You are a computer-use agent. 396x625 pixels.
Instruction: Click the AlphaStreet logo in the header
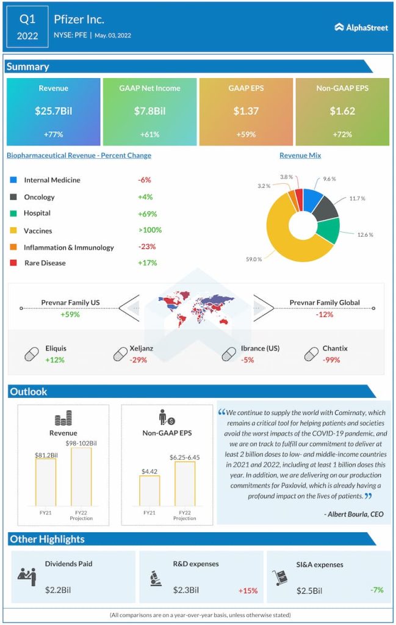(x=362, y=27)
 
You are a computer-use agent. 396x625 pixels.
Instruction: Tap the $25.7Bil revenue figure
(x=53, y=111)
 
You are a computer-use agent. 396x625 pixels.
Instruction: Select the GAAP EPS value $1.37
(x=246, y=111)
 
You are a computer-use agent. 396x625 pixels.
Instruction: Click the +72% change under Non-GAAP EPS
(x=342, y=134)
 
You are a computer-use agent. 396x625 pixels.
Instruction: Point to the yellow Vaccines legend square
(x=13, y=231)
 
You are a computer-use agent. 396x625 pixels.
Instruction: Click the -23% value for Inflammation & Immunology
(x=147, y=247)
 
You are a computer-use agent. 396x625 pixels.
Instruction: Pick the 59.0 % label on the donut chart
(x=254, y=259)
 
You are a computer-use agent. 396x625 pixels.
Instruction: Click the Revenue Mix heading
(x=300, y=156)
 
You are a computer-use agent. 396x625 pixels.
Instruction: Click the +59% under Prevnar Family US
(x=70, y=314)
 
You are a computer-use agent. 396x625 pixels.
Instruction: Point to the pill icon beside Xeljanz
(x=120, y=354)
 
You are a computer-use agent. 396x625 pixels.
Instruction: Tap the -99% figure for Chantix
(x=332, y=359)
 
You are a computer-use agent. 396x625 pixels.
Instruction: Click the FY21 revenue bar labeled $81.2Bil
(x=46, y=482)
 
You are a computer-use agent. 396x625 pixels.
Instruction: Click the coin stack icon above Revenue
(x=63, y=419)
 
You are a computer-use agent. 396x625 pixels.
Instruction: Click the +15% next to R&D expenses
(x=248, y=590)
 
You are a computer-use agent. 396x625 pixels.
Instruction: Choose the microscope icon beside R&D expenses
(x=155, y=578)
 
